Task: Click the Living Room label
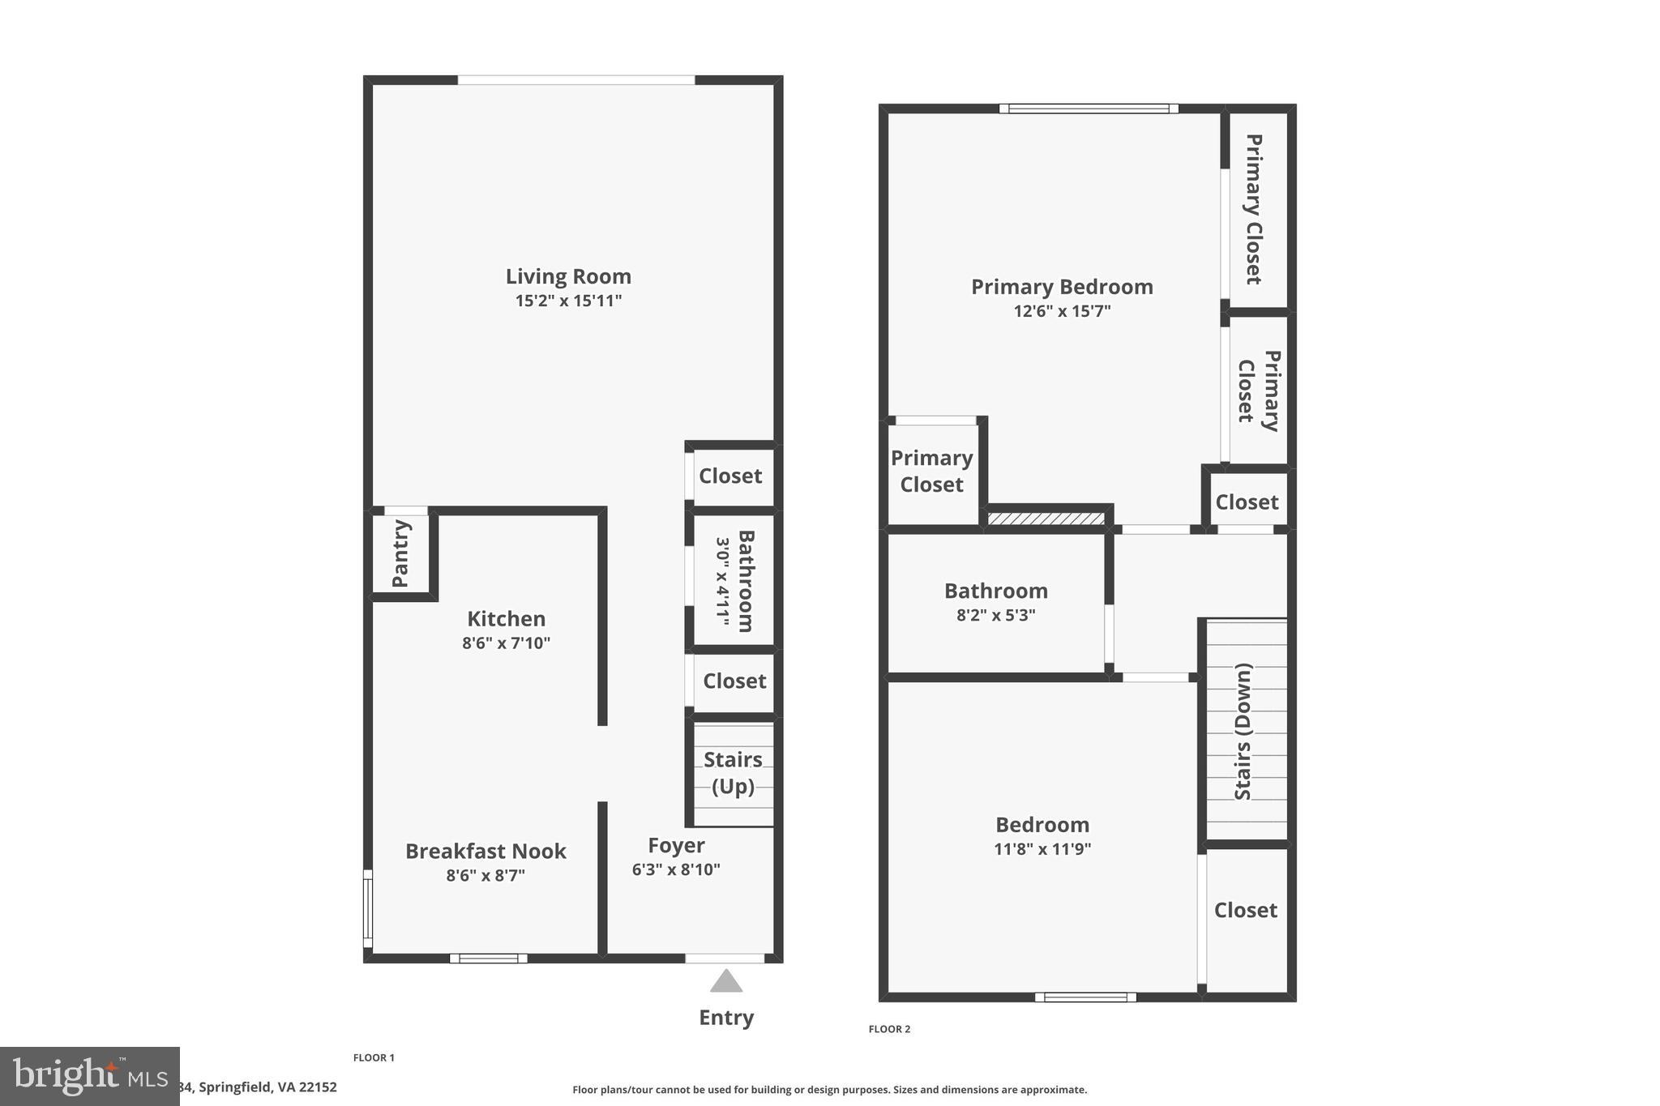point(568,276)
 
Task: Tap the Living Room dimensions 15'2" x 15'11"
point(568,301)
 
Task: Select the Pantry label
point(400,553)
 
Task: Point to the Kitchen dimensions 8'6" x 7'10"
point(506,643)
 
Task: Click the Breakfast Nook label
point(486,851)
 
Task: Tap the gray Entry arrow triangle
point(726,982)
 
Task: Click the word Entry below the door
point(726,1018)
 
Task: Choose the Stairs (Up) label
point(733,773)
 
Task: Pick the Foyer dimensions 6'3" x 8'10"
point(676,870)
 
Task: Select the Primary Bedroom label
point(1062,287)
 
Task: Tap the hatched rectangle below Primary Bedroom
point(1046,519)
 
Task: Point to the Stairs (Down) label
point(1243,731)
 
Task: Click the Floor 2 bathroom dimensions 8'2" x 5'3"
point(995,615)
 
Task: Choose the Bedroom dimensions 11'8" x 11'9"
point(1042,849)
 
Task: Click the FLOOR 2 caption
point(889,1029)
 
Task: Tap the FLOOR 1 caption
point(374,1057)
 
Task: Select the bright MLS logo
point(89,1076)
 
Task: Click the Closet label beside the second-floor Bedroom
point(1245,910)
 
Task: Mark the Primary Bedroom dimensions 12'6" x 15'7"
point(1062,311)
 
